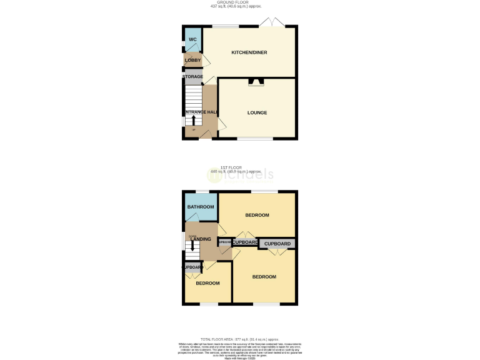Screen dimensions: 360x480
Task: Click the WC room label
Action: click(x=192, y=39)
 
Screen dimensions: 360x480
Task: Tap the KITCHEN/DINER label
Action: click(x=249, y=52)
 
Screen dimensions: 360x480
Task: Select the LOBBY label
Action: click(x=192, y=60)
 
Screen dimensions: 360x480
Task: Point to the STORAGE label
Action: click(x=192, y=77)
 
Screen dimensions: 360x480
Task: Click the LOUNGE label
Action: click(x=257, y=113)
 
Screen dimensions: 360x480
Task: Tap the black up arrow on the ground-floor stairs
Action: click(x=193, y=120)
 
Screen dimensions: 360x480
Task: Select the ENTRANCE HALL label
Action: click(x=200, y=112)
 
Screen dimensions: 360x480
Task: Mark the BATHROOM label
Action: click(x=201, y=207)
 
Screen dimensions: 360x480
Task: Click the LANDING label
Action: click(x=201, y=239)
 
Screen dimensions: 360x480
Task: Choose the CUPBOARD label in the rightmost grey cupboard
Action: click(x=277, y=244)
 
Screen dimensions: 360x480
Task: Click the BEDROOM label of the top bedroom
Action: click(x=257, y=216)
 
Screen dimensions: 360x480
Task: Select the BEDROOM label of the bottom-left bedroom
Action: click(x=207, y=284)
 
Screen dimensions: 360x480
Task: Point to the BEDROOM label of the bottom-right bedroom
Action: click(x=264, y=277)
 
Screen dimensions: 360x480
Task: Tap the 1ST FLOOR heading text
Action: click(x=240, y=167)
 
